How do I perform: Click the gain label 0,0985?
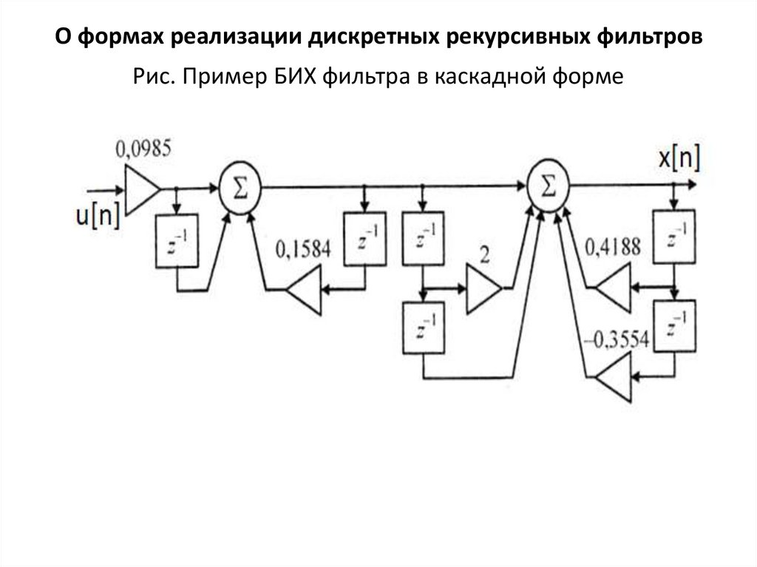pos(143,148)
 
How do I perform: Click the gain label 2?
pos(484,255)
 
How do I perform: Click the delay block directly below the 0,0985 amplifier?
pos(177,242)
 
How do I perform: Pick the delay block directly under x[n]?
pos(673,237)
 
